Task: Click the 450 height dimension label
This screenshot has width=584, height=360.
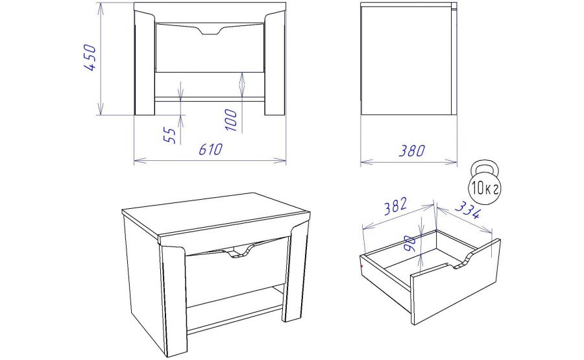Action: click(x=90, y=57)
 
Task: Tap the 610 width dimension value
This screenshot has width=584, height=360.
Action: click(x=210, y=149)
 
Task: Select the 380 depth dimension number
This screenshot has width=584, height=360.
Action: click(x=412, y=150)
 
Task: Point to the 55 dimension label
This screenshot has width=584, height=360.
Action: click(x=169, y=135)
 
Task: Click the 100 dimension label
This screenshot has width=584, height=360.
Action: click(x=231, y=120)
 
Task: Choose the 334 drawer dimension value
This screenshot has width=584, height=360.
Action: click(x=468, y=210)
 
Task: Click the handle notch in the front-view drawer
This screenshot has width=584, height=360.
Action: click(x=210, y=32)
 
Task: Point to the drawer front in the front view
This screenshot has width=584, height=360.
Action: click(x=210, y=47)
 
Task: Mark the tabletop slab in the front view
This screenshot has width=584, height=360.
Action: click(x=210, y=6)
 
